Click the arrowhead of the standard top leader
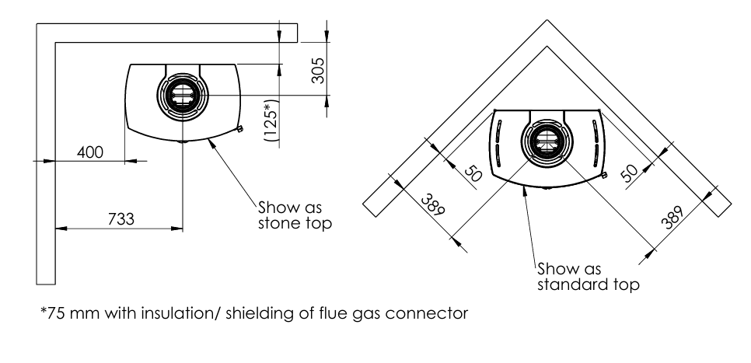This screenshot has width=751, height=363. tap(526, 190)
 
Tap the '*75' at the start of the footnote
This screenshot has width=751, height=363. tap(50, 315)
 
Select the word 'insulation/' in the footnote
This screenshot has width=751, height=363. tap(197, 315)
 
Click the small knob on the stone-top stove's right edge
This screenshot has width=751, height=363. tap(240, 128)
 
